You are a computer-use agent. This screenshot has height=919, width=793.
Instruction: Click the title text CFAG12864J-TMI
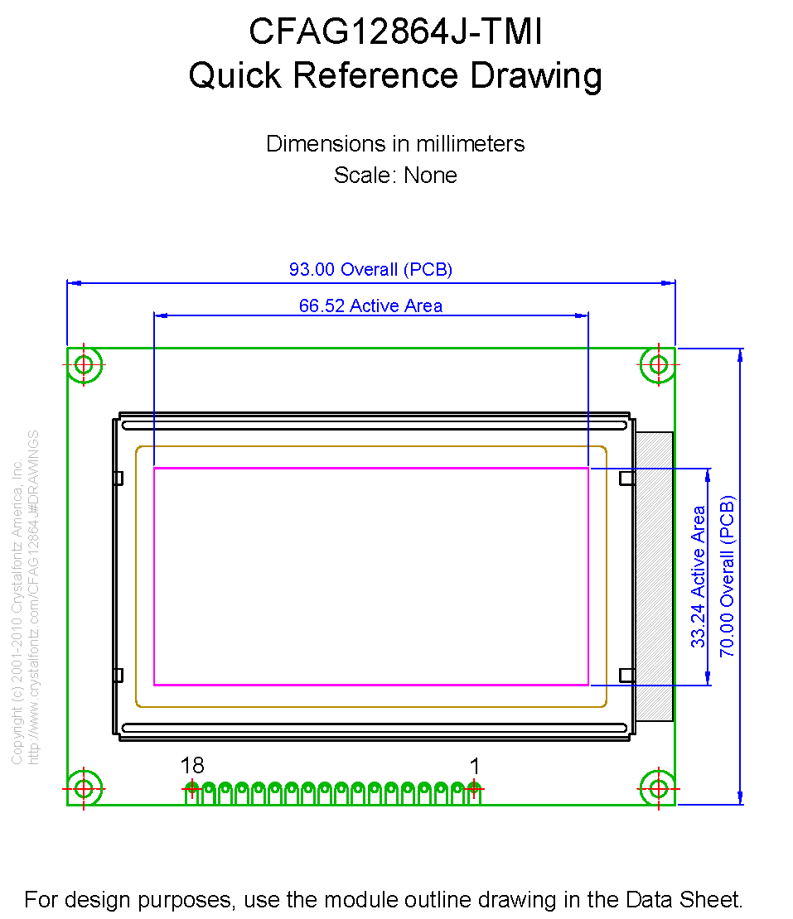pyautogui.click(x=395, y=33)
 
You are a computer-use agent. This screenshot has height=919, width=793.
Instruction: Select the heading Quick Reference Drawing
pyautogui.click(x=395, y=76)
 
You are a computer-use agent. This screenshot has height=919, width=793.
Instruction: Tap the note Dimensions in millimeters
pyautogui.click(x=395, y=144)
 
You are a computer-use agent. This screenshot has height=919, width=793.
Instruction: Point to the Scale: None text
pyautogui.click(x=395, y=176)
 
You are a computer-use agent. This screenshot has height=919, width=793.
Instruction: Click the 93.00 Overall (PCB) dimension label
pyautogui.click(x=370, y=270)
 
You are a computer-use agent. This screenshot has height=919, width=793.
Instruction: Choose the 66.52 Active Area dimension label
pyautogui.click(x=370, y=306)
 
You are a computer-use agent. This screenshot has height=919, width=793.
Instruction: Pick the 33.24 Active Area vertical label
pyautogui.click(x=699, y=576)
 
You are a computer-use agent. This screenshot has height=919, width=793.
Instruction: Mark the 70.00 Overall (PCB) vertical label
pyautogui.click(x=727, y=576)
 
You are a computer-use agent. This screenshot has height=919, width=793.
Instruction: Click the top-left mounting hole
pyautogui.click(x=85, y=365)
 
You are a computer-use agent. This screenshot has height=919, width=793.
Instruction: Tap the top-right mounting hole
pyautogui.click(x=659, y=365)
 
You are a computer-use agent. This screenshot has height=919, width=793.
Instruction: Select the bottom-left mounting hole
pyautogui.click(x=85, y=787)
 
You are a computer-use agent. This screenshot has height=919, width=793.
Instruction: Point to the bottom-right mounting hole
pyautogui.click(x=659, y=787)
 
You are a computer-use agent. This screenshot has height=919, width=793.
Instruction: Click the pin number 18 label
pyautogui.click(x=192, y=767)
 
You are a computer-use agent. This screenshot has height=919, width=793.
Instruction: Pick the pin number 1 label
pyautogui.click(x=475, y=767)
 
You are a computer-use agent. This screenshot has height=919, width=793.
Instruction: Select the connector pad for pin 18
pyautogui.click(x=191, y=790)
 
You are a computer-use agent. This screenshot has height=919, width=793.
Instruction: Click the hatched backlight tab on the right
pyautogui.click(x=655, y=576)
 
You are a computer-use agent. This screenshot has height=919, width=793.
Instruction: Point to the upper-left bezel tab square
pyautogui.click(x=118, y=478)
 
